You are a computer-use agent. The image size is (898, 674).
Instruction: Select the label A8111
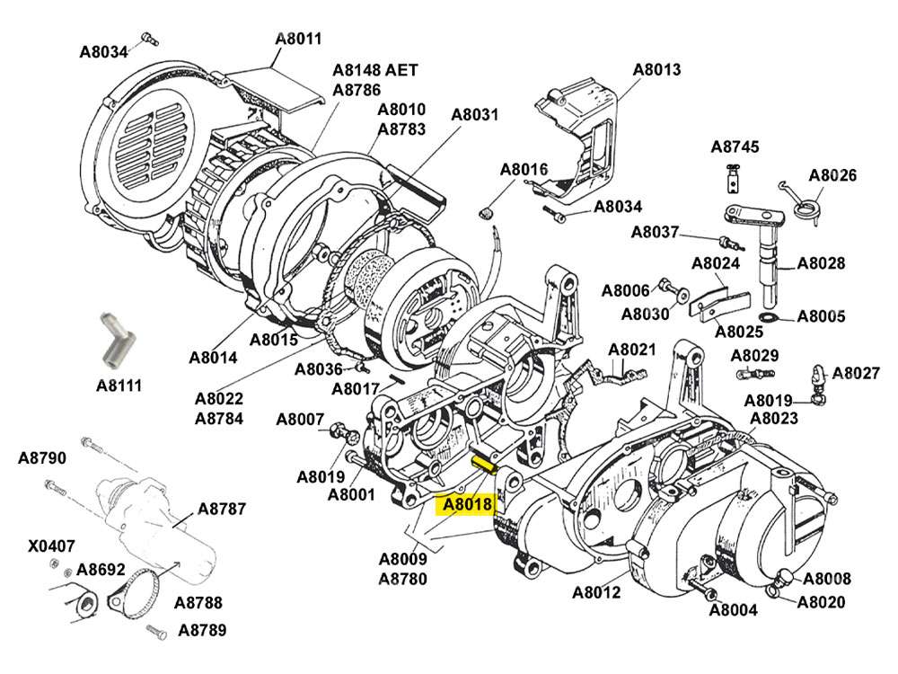(x=119, y=386)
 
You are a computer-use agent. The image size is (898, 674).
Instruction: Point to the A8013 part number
(x=656, y=69)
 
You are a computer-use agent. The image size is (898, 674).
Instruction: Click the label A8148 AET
(x=375, y=69)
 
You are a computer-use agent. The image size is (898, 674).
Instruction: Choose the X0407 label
(x=51, y=545)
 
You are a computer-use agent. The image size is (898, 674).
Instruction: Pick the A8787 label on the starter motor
(x=222, y=509)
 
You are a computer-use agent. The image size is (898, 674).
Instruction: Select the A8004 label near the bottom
(x=733, y=610)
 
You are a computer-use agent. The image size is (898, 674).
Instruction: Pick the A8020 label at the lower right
(x=821, y=601)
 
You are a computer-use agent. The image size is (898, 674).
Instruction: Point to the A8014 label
(x=213, y=357)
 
